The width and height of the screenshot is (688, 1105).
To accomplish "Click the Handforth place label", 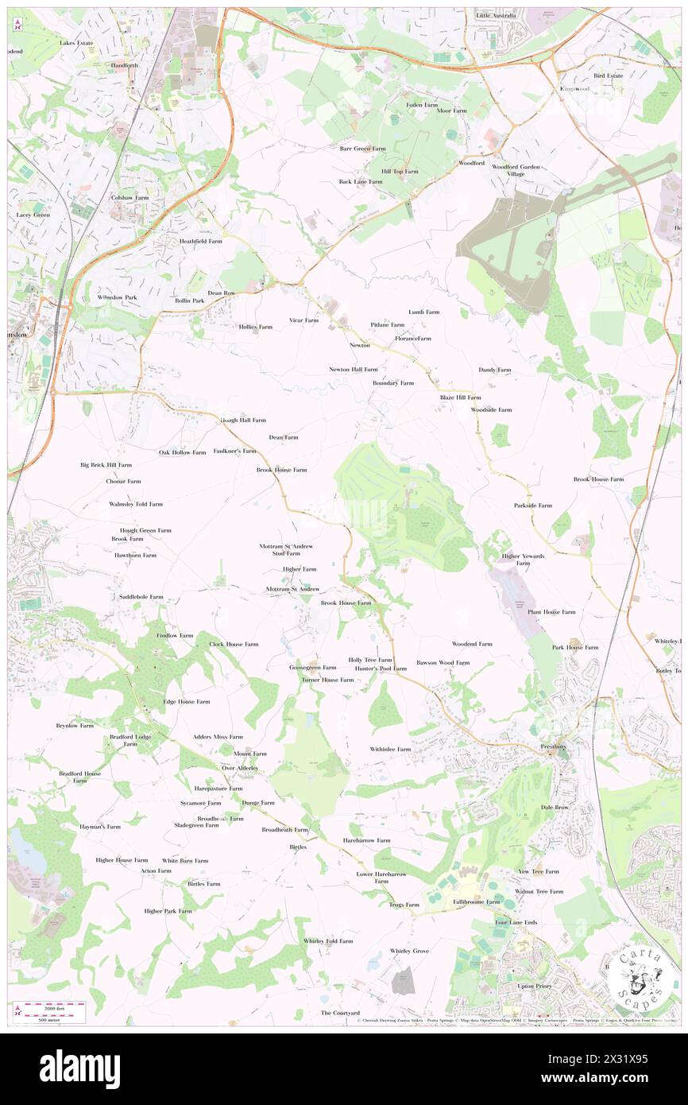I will click(125, 65).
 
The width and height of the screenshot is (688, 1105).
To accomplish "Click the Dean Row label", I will click(222, 293).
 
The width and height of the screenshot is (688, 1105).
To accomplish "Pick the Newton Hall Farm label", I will click(354, 370).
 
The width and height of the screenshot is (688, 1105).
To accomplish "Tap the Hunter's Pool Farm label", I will click(381, 669).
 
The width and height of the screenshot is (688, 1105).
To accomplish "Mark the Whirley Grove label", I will click(409, 951).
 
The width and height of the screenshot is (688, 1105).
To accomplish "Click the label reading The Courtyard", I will click(340, 1013).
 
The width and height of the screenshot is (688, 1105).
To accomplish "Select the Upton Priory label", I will click(534, 986).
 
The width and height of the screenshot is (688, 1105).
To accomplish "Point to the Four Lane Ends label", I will click(516, 922).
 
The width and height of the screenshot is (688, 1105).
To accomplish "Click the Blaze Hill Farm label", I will click(460, 397).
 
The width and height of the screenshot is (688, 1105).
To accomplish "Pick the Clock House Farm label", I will click(234, 644).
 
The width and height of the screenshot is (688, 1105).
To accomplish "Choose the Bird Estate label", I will click(608, 76).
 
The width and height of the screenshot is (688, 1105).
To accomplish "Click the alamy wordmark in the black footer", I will click(79, 1069).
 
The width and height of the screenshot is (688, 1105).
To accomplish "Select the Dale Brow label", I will click(555, 807).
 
